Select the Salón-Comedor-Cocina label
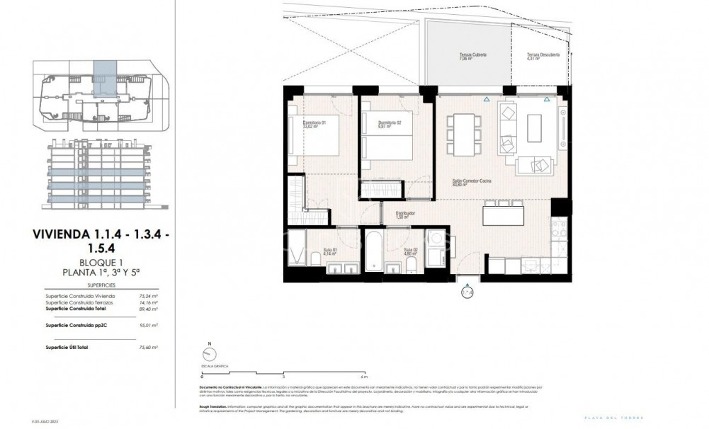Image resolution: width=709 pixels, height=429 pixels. [x=472, y=183]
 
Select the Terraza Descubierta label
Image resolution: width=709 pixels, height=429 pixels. [x=543, y=57]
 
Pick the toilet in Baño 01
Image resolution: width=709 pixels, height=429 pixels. [x=312, y=256]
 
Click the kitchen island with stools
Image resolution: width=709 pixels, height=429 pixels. [x=504, y=213]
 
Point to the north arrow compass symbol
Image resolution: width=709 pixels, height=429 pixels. [x=209, y=356]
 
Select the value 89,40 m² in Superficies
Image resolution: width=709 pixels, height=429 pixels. [x=147, y=309]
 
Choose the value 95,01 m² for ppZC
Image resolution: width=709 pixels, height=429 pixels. [x=147, y=325]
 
